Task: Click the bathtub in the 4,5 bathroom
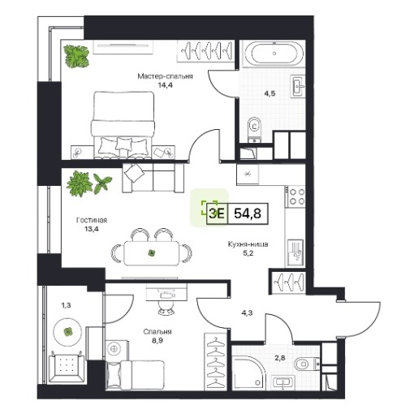click(x=274, y=54)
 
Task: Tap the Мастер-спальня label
click(x=165, y=76)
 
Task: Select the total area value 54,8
click(x=248, y=213)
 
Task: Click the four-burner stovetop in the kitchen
click(x=296, y=196)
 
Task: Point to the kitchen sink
click(x=295, y=252)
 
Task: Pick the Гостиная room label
click(x=92, y=220)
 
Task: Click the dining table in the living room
click(x=152, y=253)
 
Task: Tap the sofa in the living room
click(x=153, y=178)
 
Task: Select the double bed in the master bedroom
click(x=123, y=125)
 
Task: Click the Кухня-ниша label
click(x=248, y=244)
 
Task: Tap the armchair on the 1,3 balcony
click(x=67, y=366)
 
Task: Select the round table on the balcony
click(x=67, y=331)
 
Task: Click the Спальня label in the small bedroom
click(x=157, y=331)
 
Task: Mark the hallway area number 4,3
click(x=247, y=313)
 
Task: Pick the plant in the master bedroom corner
click(x=76, y=56)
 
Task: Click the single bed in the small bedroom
click(x=135, y=375)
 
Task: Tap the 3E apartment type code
click(x=217, y=213)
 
